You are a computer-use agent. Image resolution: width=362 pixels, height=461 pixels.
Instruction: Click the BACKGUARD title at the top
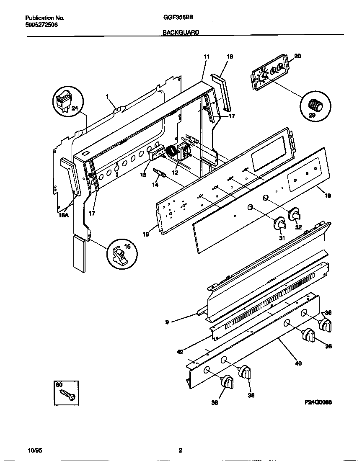(x=181, y=32)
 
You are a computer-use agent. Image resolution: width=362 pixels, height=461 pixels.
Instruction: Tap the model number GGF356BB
(x=181, y=18)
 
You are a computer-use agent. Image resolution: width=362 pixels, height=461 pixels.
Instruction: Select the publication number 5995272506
(x=41, y=25)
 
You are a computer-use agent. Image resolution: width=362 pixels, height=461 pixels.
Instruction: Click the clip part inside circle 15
(x=121, y=254)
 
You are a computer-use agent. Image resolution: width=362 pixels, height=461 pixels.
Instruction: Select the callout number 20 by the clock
(x=297, y=56)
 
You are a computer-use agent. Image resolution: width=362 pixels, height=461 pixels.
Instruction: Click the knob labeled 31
(x=279, y=225)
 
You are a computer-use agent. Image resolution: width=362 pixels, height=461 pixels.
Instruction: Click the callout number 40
(x=298, y=363)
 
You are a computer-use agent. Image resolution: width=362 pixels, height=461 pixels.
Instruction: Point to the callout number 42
(x=180, y=352)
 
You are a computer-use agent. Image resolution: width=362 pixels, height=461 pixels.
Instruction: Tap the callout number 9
(x=167, y=322)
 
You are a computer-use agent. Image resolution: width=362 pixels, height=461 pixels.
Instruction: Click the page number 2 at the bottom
(x=180, y=450)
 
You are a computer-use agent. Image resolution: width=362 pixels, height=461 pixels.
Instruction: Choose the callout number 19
(x=328, y=195)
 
